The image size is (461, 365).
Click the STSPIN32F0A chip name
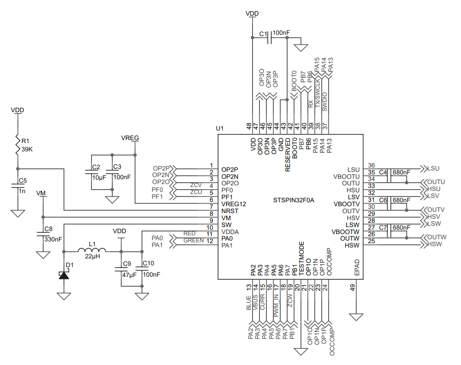pyautogui.click(x=293, y=201)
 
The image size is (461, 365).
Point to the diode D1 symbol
pyautogui.click(x=64, y=275)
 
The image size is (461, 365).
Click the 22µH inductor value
pyautogui.click(x=92, y=258)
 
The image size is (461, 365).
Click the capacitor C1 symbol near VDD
pyautogui.click(x=269, y=38)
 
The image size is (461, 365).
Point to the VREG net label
pyautogui.click(x=130, y=138)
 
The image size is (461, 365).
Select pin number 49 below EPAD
pyautogui.click(x=353, y=287)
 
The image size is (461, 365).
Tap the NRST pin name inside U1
pyautogui.click(x=229, y=211)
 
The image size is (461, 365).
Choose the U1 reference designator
pyautogui.click(x=220, y=129)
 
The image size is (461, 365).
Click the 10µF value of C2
pyautogui.click(x=99, y=177)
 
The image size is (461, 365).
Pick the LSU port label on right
pyautogui.click(x=433, y=168)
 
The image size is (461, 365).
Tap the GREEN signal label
pyautogui.click(x=193, y=240)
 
